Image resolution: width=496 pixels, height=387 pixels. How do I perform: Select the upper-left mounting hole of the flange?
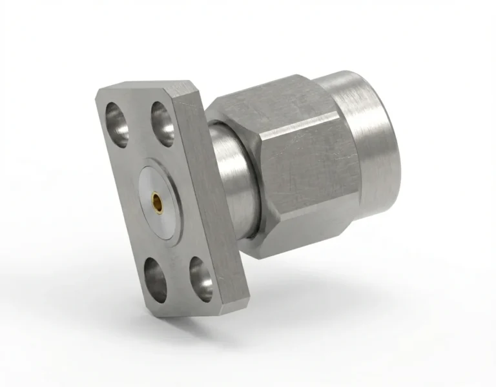(x=118, y=123)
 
